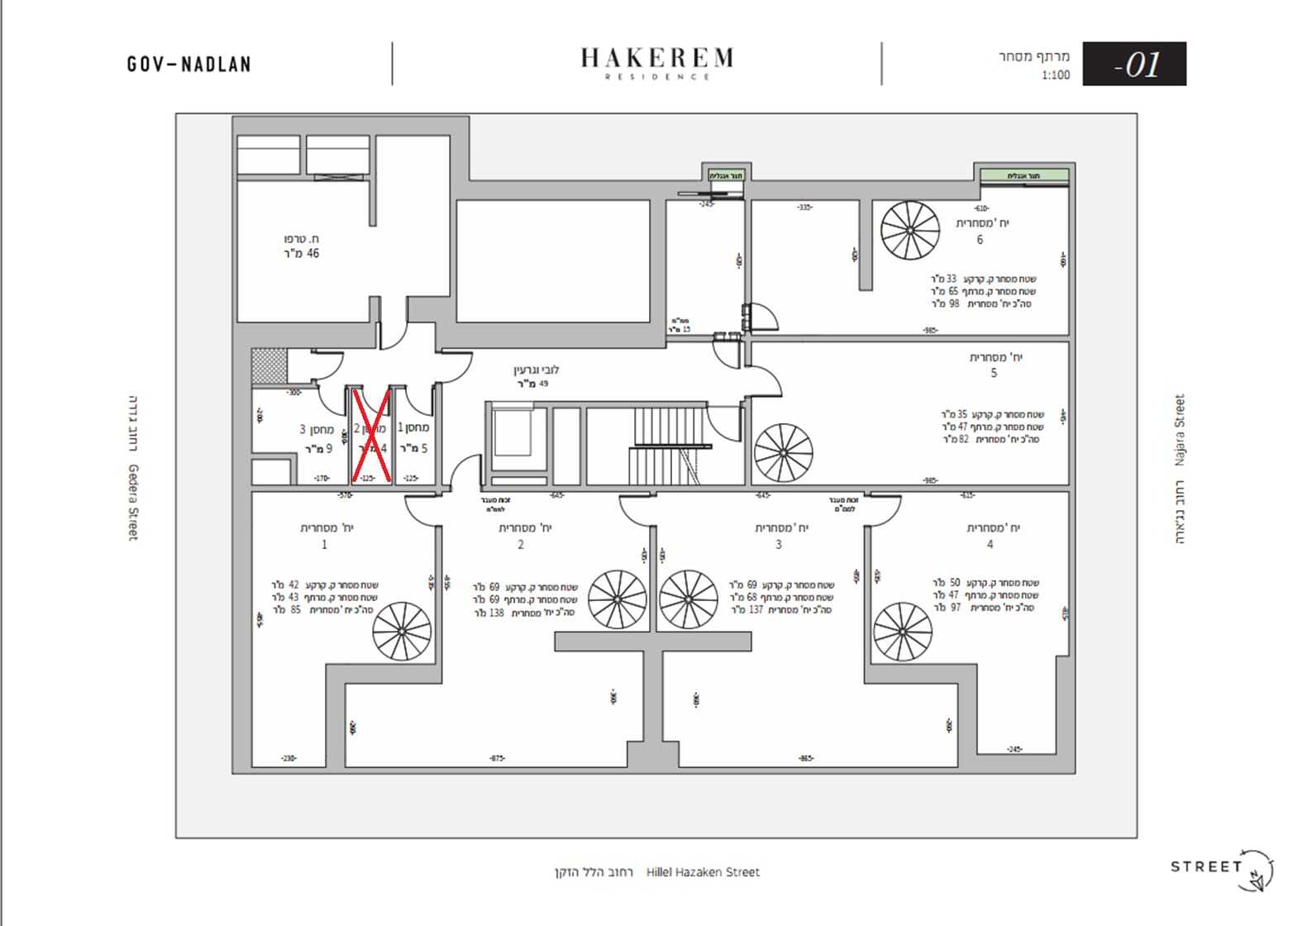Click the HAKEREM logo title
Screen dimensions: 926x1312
pos(656,58)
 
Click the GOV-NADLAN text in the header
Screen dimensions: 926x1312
pos(189,64)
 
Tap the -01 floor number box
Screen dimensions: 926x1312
pos(1134,64)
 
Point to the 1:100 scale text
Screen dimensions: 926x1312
pos(1056,75)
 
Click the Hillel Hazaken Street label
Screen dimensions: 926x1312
pos(703,871)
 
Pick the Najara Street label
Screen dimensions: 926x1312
pos(1180,430)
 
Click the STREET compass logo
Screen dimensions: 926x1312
pos(1222,868)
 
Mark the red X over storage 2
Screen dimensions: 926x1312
pos(371,435)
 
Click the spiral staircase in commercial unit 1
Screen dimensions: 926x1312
pos(402,631)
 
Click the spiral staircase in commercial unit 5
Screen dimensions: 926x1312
pos(784,453)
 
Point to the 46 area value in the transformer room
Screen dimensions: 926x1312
pos(312,254)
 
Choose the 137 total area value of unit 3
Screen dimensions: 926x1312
pos(756,610)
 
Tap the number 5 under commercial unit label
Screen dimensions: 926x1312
pos(994,373)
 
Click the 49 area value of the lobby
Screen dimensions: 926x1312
pos(543,384)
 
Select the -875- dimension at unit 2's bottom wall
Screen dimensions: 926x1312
pos(497,758)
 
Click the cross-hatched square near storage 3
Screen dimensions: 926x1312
pos(270,365)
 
